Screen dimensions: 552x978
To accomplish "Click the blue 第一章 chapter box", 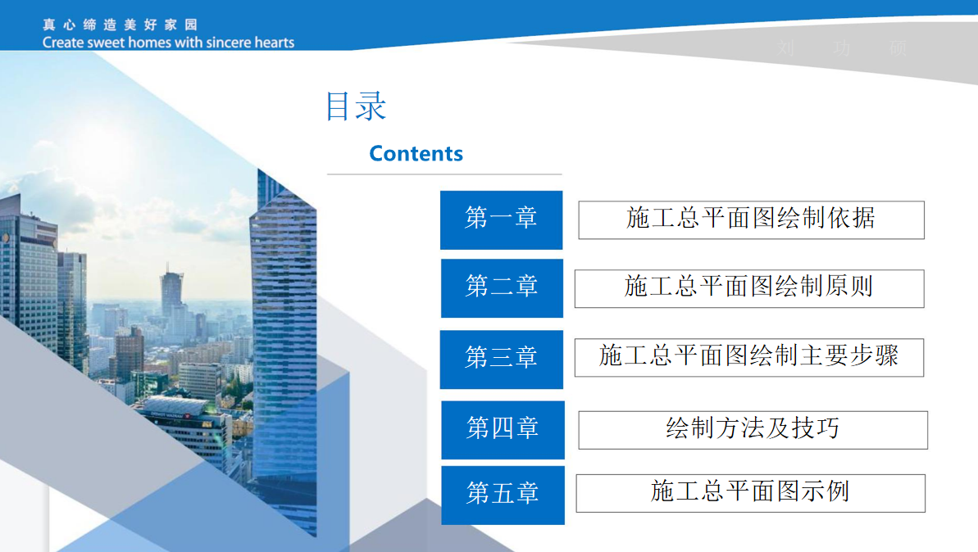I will click(501, 219).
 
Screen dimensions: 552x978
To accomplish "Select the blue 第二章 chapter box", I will click(502, 287).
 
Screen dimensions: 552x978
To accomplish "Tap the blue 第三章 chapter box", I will click(501, 359).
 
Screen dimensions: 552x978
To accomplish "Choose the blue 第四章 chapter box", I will click(503, 429).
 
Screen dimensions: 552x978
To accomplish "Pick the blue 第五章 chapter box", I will click(503, 495).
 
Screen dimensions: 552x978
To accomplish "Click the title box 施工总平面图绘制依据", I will click(751, 219).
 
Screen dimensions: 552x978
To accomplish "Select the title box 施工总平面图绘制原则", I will click(748, 288).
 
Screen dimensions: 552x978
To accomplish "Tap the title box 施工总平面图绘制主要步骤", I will click(748, 357).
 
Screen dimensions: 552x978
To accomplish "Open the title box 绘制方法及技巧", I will click(753, 430).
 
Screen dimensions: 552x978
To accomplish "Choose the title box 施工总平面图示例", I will click(750, 493).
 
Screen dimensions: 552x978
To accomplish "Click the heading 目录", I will click(356, 107).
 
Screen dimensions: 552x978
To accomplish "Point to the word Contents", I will click(416, 154).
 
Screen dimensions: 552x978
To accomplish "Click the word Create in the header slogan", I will click(63, 43).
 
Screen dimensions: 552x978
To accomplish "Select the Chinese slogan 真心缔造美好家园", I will click(121, 25).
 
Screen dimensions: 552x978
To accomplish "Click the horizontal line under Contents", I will click(444, 174).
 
